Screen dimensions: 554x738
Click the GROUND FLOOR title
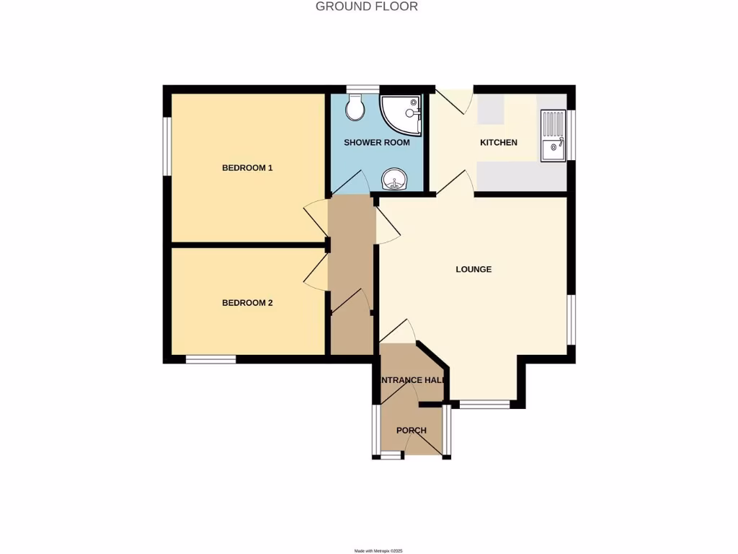[x=367, y=6]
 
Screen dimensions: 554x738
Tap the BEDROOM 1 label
[x=247, y=168]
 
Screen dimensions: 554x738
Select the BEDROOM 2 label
[x=247, y=303]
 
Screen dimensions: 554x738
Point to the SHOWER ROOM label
[x=376, y=143]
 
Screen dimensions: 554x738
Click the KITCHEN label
[x=499, y=143]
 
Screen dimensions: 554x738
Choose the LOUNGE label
[x=474, y=270]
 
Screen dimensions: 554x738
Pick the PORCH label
[x=412, y=431]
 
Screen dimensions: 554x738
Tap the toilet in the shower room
[x=355, y=110]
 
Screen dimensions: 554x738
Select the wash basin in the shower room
[x=394, y=179]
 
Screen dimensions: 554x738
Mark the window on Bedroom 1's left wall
[x=167, y=146]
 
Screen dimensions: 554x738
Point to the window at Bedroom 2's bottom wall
[x=210, y=359]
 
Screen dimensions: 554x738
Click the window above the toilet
[x=362, y=89]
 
